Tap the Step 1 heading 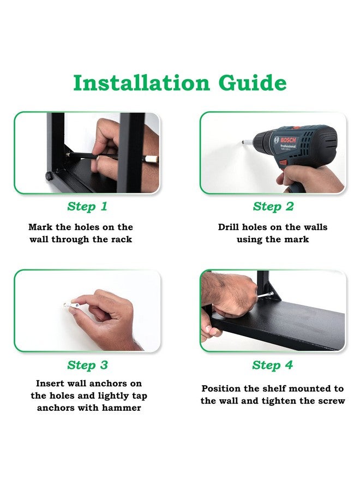point(87,207)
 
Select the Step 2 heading point(273,207)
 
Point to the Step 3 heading point(87,365)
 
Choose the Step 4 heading point(273,365)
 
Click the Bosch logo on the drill point(285,140)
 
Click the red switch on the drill point(283,163)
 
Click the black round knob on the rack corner point(49,176)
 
